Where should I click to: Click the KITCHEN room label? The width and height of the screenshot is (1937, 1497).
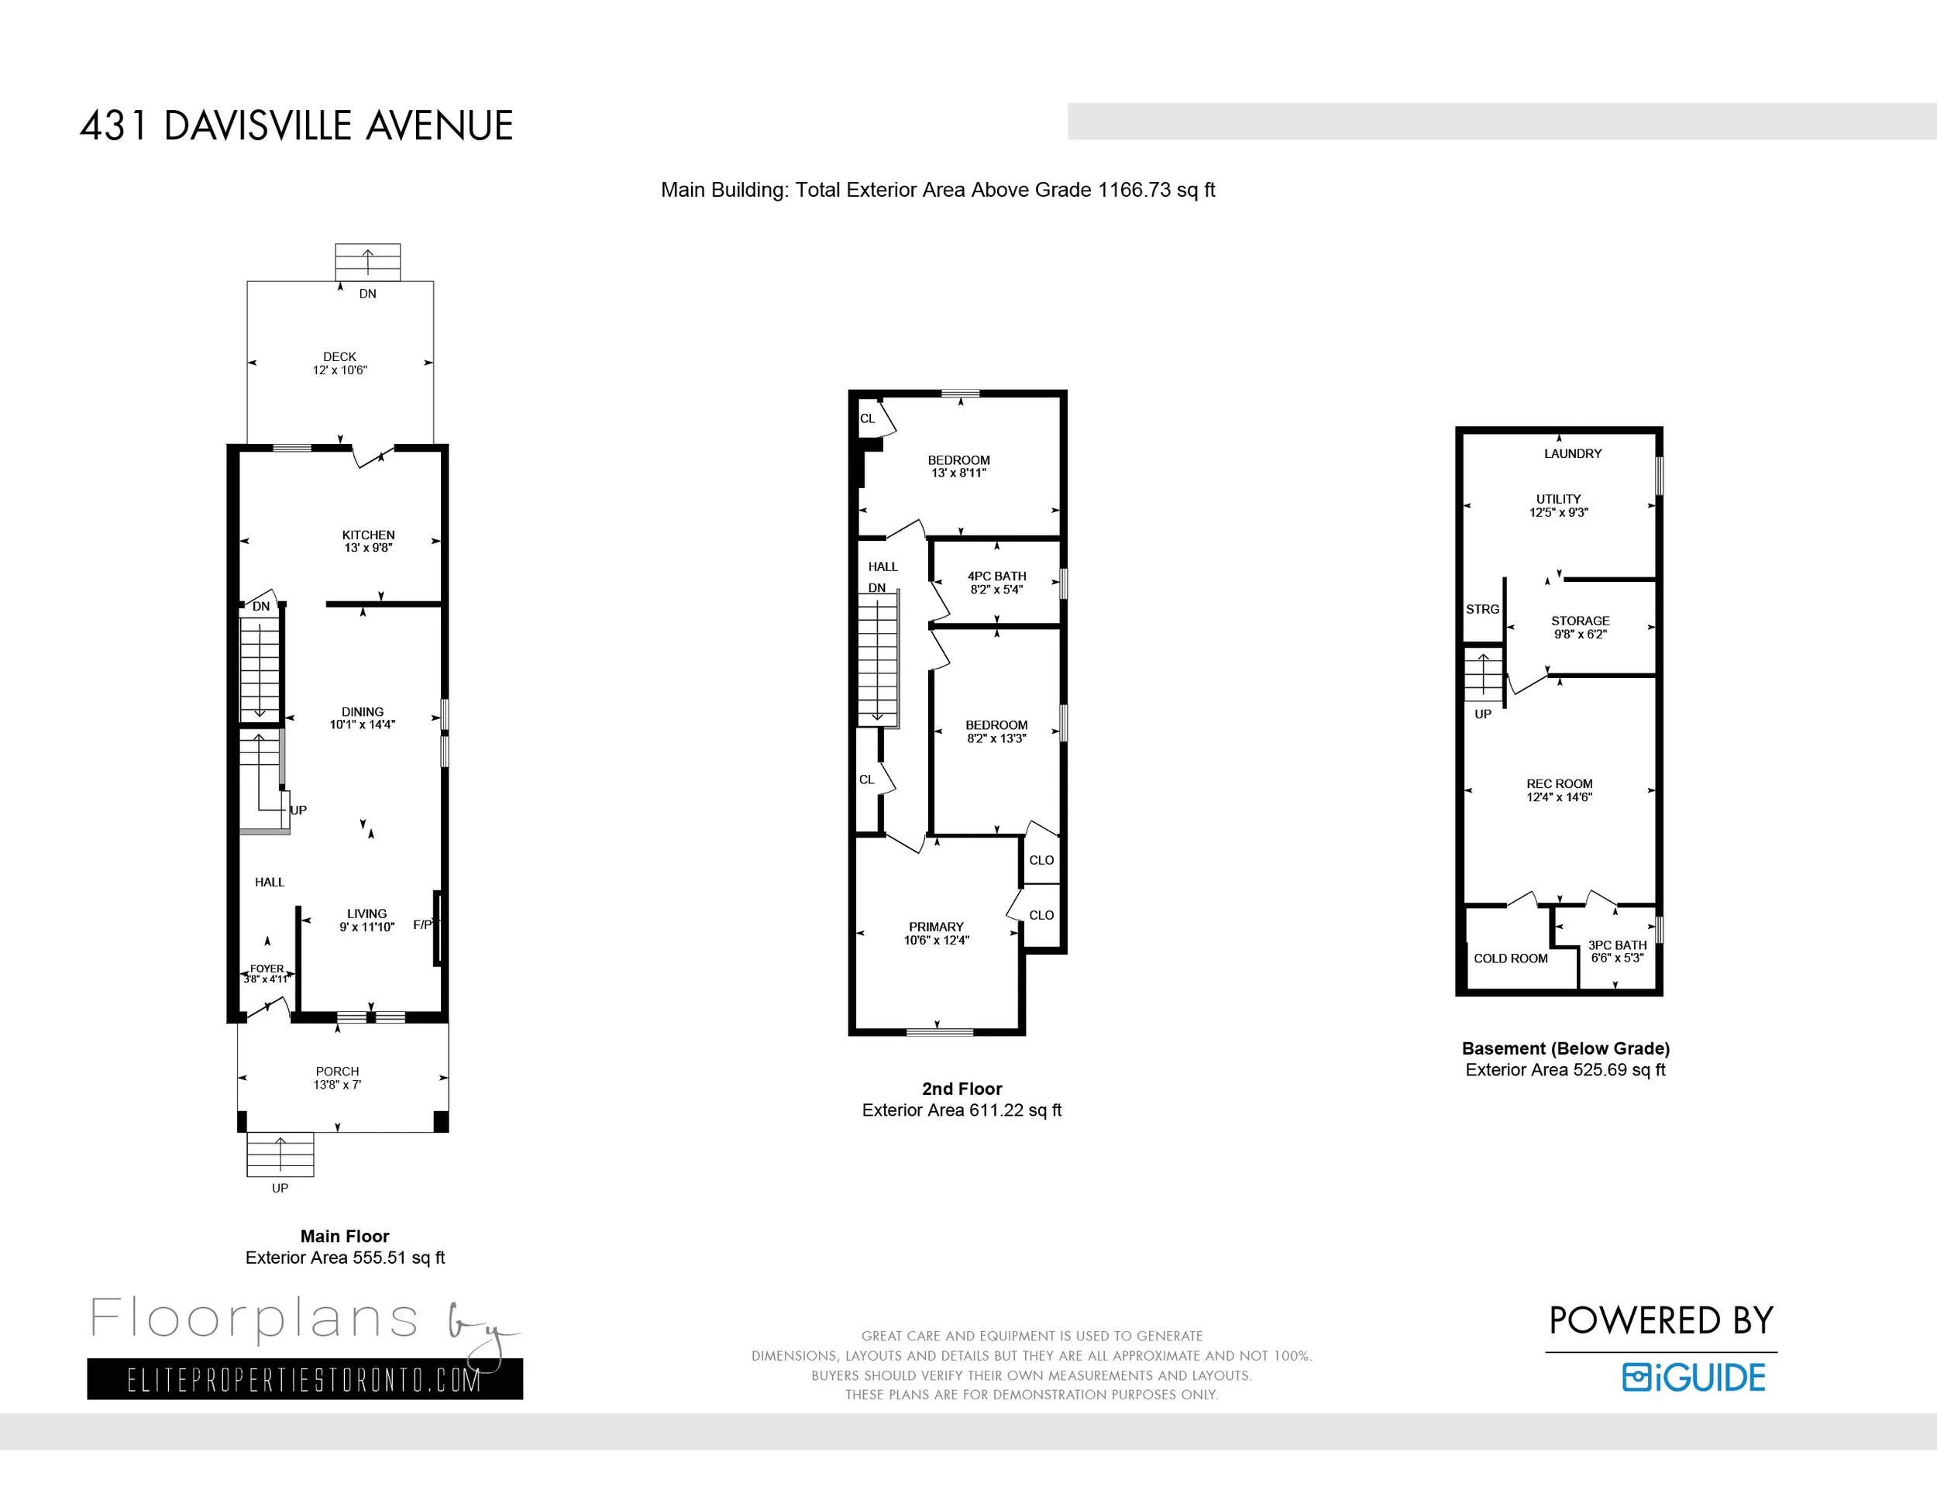368,535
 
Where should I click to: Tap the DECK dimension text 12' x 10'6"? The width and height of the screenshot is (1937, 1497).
339,370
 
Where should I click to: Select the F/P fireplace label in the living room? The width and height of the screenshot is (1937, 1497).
423,925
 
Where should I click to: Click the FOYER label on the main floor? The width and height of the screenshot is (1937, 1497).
267,969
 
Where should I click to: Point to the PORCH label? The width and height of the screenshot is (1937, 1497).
338,1072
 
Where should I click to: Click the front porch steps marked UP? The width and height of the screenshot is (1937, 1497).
280,1155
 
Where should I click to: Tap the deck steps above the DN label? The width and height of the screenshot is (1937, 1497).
367,262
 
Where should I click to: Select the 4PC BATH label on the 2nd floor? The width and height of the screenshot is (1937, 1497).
997,576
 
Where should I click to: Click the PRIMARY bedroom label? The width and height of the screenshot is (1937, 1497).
936,927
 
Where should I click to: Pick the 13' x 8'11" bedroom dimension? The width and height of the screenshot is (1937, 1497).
958,473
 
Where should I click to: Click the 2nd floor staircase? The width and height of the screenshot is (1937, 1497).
878,660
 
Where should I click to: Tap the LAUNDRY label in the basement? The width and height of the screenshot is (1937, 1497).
1573,453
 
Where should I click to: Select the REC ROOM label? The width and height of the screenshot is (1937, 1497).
1559,784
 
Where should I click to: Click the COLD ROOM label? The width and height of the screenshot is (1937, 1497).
1510,958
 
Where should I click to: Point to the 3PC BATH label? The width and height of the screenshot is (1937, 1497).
1617,945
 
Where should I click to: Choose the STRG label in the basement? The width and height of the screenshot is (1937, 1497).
1482,609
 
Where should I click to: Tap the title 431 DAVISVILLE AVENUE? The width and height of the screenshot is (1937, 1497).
296,126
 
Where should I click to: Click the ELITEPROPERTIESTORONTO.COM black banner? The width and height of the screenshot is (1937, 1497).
305,1379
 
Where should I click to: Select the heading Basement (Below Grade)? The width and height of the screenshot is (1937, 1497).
1565,1048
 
